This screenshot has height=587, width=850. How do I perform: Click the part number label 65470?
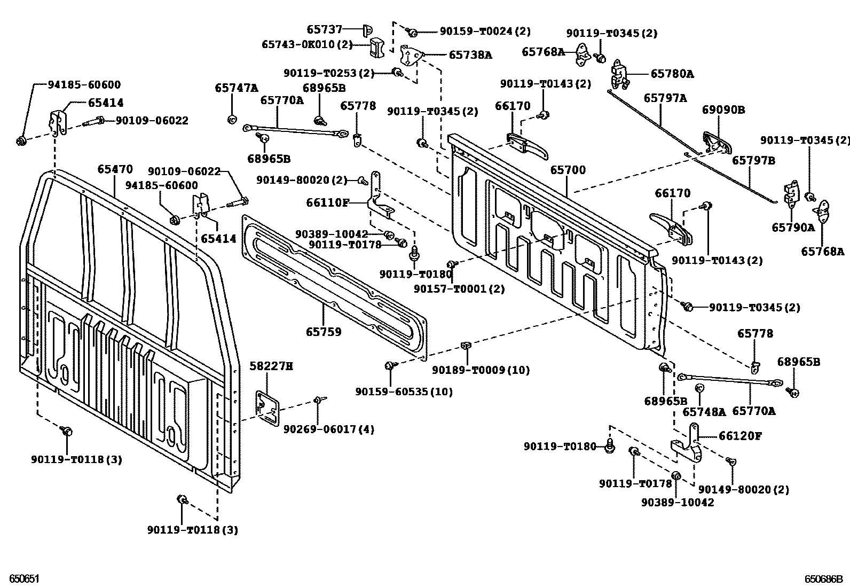click(x=115, y=169)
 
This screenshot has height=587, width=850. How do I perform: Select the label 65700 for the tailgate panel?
click(x=568, y=170)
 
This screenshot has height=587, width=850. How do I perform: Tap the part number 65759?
click(x=324, y=332)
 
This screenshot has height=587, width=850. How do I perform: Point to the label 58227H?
click(x=271, y=366)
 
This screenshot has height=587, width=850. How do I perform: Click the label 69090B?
click(x=723, y=111)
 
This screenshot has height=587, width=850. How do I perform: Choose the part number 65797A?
click(x=665, y=98)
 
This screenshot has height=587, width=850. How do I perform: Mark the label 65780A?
click(x=672, y=74)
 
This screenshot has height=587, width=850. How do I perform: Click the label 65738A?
click(x=470, y=54)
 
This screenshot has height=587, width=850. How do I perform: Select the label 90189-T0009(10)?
click(x=481, y=370)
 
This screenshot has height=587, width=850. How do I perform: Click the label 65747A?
click(x=237, y=88)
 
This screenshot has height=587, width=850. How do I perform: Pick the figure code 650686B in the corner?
click(x=823, y=578)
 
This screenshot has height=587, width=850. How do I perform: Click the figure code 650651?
click(x=21, y=578)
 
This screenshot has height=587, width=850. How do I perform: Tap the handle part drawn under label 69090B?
click(x=717, y=142)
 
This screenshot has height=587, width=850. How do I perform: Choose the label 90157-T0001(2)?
click(x=459, y=289)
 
